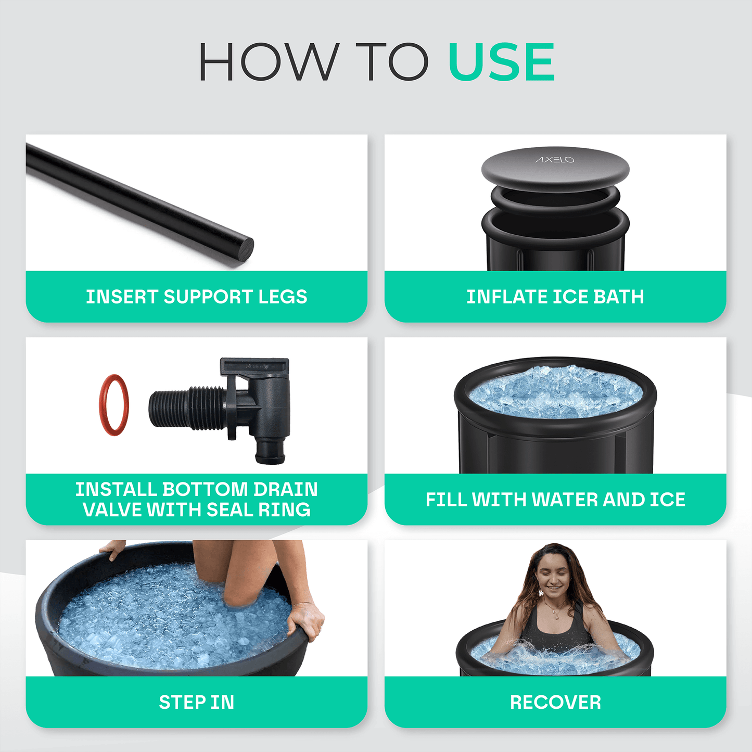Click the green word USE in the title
pyautogui.click(x=501, y=62)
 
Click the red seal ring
pyautogui.click(x=113, y=405)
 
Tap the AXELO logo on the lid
pyautogui.click(x=555, y=160)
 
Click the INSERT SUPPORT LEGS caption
pyautogui.click(x=196, y=297)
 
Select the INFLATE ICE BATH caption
pyautogui.click(x=555, y=297)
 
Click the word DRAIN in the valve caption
pyautogui.click(x=285, y=489)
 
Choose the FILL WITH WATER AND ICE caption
pyautogui.click(x=555, y=500)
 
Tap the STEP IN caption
pyautogui.click(x=196, y=702)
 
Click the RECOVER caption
pyautogui.click(x=555, y=702)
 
